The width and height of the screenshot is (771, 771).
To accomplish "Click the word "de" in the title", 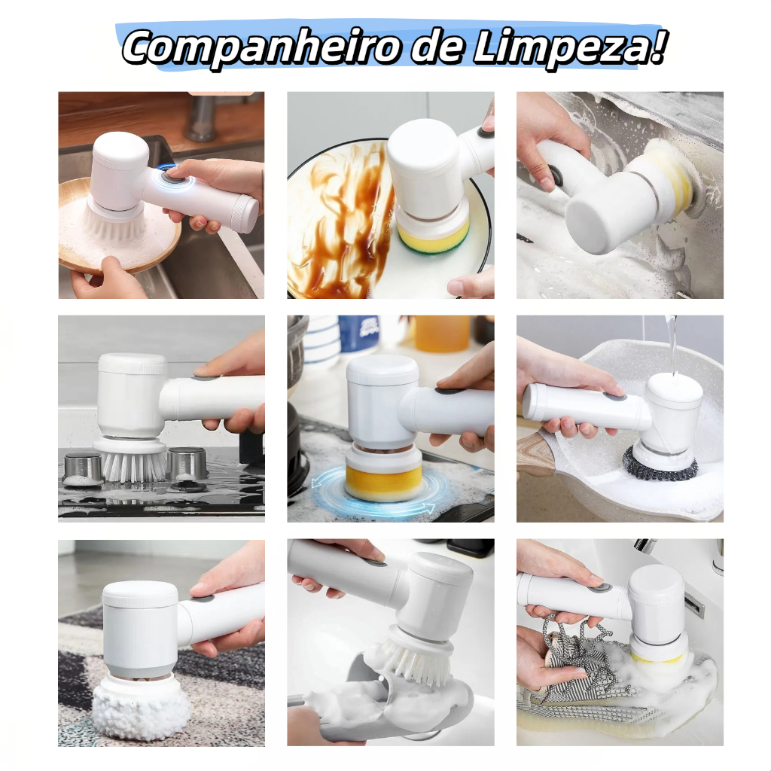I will (x=422, y=48).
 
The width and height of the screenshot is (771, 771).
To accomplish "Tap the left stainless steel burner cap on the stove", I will (x=82, y=467).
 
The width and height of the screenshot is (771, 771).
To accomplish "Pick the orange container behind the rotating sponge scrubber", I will (x=441, y=332).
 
